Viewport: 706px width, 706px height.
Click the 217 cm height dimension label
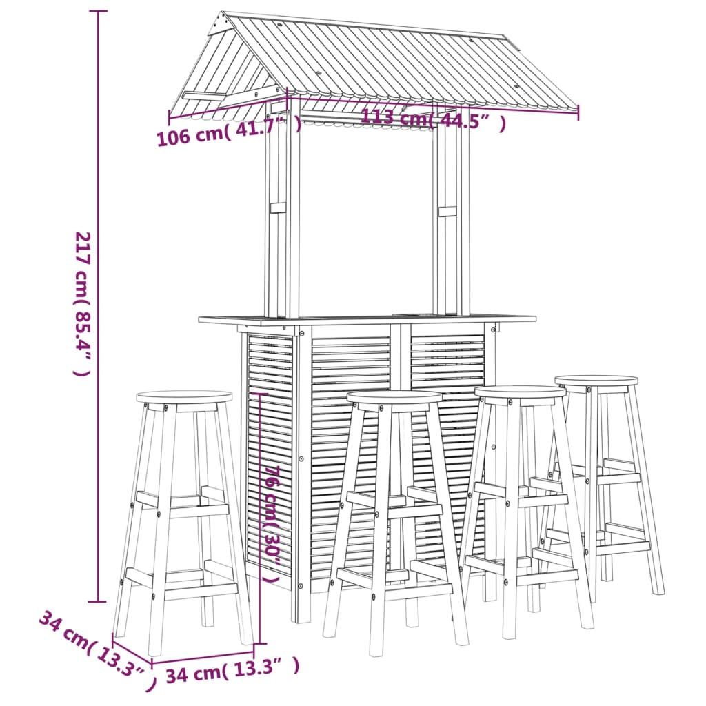[x=82, y=304]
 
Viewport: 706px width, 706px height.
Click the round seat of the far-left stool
[x=184, y=397]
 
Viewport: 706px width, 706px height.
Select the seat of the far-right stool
[x=596, y=381]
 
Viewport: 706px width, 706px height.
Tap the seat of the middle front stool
[x=394, y=397]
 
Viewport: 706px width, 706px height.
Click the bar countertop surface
[x=365, y=319]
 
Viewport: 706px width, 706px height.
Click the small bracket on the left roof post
[x=278, y=207]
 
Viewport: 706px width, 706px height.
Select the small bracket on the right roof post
[x=447, y=210]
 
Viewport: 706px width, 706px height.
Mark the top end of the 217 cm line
[x=98, y=12]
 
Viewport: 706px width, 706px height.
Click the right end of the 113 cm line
[x=578, y=112]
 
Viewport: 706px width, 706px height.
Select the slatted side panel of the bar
[x=270, y=455]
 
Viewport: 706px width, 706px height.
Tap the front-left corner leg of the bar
[x=301, y=476]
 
